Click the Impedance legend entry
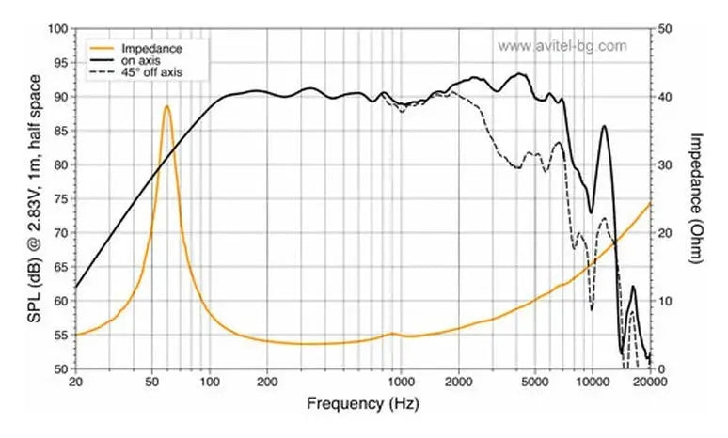tap(151, 47)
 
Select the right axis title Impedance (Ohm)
tap(697, 197)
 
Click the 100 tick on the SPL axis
tap(56, 29)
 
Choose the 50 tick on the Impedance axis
tap(664, 29)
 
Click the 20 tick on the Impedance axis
tap(664, 233)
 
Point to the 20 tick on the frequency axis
tap(76, 382)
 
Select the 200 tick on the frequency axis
tap(267, 382)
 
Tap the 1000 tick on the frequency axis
tap(402, 382)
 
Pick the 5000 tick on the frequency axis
tap(534, 382)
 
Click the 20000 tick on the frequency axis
tap(650, 382)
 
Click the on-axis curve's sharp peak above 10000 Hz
tap(604, 126)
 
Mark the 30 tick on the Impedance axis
tap(664, 165)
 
